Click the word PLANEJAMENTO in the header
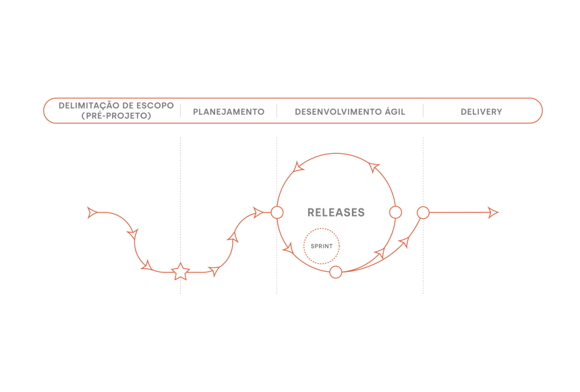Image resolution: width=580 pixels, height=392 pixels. pos(229,111)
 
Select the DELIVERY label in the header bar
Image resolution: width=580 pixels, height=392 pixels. pos(481,111)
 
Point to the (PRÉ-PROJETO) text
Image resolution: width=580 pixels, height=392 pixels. pos(116,116)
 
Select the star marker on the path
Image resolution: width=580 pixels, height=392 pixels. pos(180,273)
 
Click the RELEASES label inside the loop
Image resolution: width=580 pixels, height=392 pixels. pos(336,213)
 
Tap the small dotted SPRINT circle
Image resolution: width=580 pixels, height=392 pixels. pos(322,246)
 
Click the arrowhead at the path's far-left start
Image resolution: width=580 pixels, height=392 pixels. pos(92,213)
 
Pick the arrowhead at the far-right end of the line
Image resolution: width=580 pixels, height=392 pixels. pos(493,213)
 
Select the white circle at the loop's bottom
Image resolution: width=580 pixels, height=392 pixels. pos(335,273)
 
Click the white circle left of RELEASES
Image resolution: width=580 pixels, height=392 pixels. pos(277,213)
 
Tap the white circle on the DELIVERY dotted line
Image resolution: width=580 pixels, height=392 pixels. pos(423,213)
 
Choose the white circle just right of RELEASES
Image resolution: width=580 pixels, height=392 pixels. pos(396,213)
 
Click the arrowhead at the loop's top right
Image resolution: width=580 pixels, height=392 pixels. pos(374,167)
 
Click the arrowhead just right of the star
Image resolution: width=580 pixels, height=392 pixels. pos(214,271)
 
